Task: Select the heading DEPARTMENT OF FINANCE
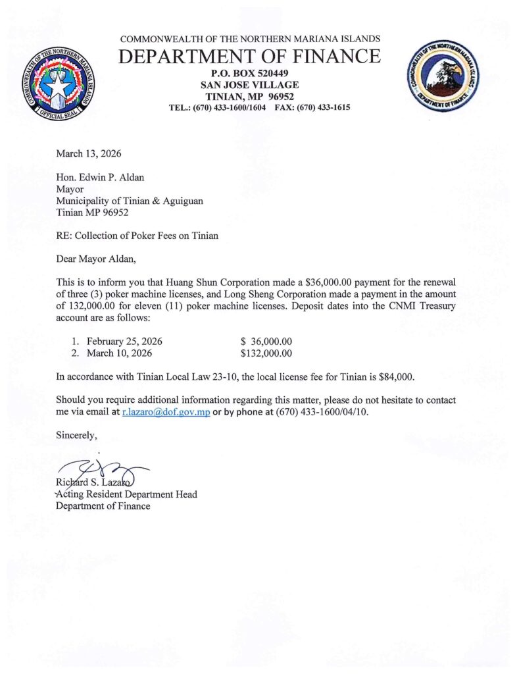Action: coord(249,57)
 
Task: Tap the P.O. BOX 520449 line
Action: coord(249,72)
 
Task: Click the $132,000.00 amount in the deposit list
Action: coord(266,353)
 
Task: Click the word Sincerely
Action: coord(76,435)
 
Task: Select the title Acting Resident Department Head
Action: coord(126,494)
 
